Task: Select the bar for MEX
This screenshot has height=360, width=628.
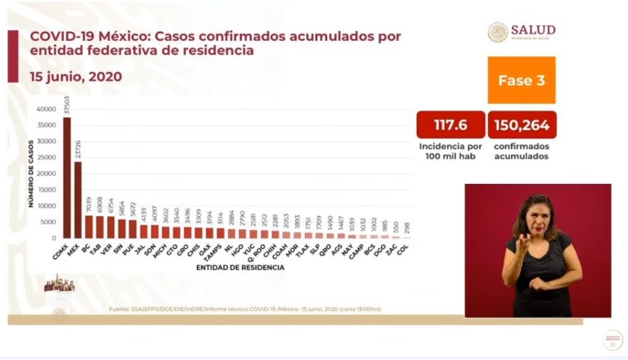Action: [x=78, y=200]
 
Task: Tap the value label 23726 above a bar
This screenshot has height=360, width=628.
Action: [x=78, y=150]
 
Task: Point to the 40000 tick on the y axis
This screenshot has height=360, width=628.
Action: [x=45, y=109]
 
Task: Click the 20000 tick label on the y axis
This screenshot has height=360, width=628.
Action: [x=45, y=173]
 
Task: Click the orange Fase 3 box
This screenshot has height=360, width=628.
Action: [x=521, y=80]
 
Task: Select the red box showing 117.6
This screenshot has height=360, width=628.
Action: [x=450, y=126]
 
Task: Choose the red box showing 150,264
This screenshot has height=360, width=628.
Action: [x=522, y=126]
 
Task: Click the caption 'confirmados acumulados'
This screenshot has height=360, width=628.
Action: [x=522, y=151]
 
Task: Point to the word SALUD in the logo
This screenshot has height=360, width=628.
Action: [x=532, y=29]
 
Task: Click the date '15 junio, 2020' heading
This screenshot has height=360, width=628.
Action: [x=75, y=76]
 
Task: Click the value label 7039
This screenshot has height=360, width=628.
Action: [x=89, y=205]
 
